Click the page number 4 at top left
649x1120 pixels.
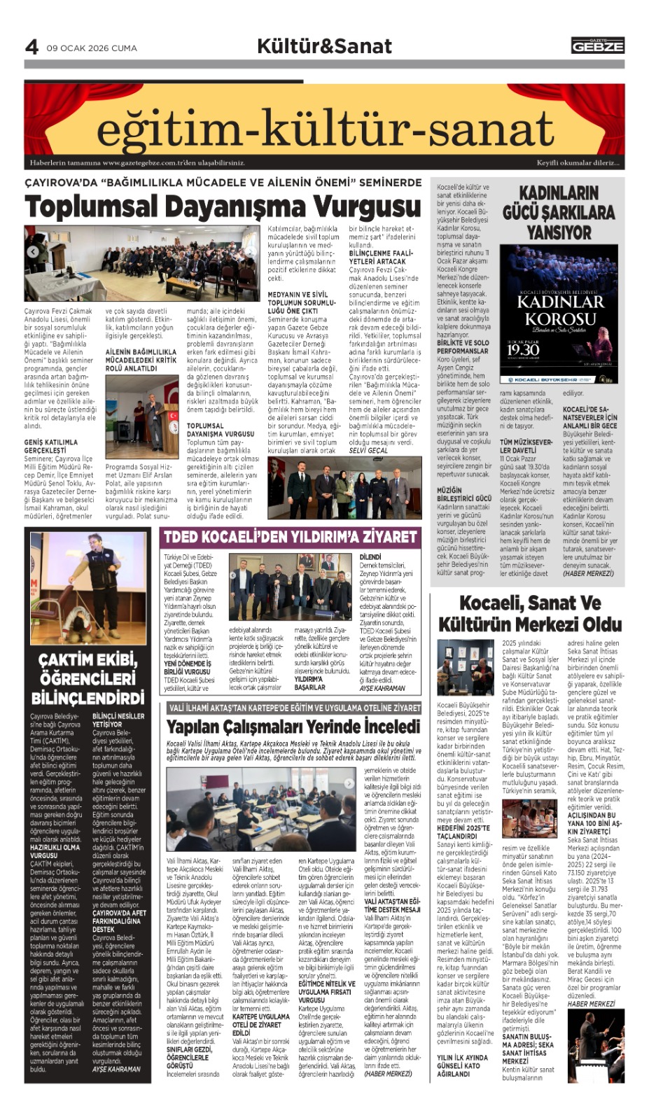(x=32, y=47)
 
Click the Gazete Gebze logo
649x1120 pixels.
(x=597, y=45)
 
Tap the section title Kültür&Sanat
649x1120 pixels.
(x=324, y=46)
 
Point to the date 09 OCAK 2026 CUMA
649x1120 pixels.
(x=92, y=48)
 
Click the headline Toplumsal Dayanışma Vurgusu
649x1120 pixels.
(x=223, y=207)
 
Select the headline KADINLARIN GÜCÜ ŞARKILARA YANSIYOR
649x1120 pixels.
(x=558, y=213)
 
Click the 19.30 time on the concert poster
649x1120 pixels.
(x=523, y=349)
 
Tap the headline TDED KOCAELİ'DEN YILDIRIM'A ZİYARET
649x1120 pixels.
(x=290, y=538)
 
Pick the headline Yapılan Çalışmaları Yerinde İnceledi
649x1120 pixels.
(x=293, y=726)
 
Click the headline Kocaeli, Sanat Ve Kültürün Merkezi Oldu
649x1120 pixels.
(x=530, y=613)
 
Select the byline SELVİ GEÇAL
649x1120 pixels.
(x=368, y=450)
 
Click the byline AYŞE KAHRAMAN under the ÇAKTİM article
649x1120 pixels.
(x=116, y=1069)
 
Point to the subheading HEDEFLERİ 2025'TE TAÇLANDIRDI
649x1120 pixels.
(x=463, y=832)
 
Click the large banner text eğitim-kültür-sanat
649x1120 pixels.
(x=324, y=130)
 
